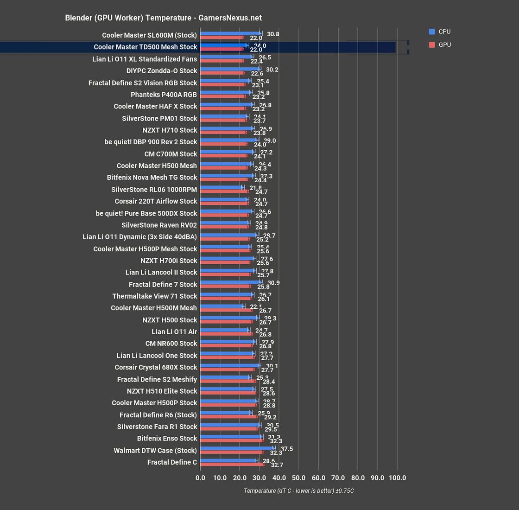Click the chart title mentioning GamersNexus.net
coord(163,18)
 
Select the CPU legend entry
coord(444,32)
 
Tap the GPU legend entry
coord(444,45)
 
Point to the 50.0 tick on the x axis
coord(299,478)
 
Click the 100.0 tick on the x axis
coord(397,478)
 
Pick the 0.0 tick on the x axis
coord(200,478)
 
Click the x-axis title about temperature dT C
coord(299,491)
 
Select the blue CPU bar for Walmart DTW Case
coord(237,448)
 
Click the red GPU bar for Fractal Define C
coord(232,464)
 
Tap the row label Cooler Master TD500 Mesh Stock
coord(145,47)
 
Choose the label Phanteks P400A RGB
coord(164,95)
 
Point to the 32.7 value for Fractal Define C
coord(277,465)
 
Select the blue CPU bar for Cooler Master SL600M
coord(230,33)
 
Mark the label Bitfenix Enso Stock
coord(167,438)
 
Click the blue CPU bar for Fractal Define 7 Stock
coord(231,282)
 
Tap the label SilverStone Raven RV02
coord(159,225)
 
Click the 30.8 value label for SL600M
coord(273,34)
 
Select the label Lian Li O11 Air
coord(174,331)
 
